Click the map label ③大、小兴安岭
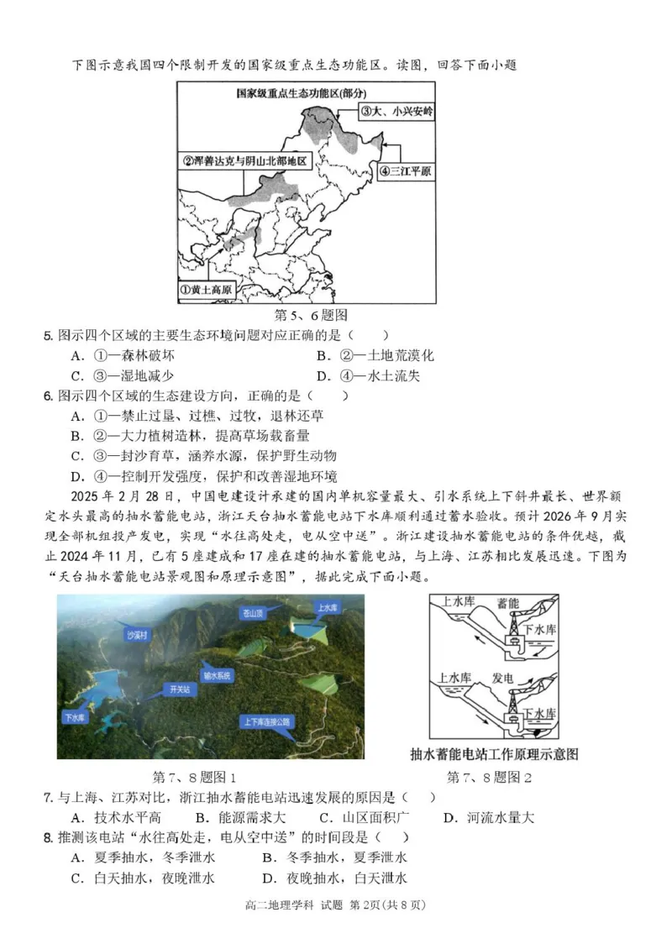tap(396, 111)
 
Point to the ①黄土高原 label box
tap(207, 290)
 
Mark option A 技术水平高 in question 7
tap(116, 817)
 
